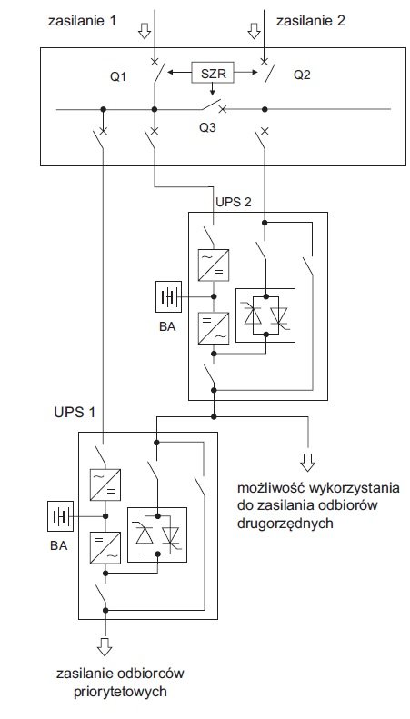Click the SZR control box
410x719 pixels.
click(x=213, y=73)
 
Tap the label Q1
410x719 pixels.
click(x=118, y=76)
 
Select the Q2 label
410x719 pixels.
click(x=302, y=75)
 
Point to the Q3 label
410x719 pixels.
click(x=207, y=127)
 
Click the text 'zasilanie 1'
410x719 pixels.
click(x=82, y=21)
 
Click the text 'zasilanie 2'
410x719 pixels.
click(x=311, y=21)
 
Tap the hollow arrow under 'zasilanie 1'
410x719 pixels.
click(x=145, y=31)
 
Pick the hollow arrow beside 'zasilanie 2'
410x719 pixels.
click(x=254, y=31)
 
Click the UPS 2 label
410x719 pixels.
click(x=234, y=202)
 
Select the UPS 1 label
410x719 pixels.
click(x=75, y=412)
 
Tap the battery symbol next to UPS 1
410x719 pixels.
click(x=61, y=516)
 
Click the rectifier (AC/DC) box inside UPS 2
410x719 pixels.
click(x=214, y=265)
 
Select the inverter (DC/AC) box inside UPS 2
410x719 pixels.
click(x=214, y=328)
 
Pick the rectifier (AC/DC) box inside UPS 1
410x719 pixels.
click(x=105, y=484)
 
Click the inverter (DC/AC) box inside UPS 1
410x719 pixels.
click(x=105, y=547)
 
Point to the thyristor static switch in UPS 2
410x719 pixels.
click(x=265, y=315)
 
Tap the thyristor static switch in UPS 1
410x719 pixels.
click(x=157, y=534)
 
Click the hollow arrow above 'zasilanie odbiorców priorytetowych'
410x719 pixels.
click(x=105, y=645)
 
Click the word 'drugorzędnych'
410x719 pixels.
click(x=285, y=524)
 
